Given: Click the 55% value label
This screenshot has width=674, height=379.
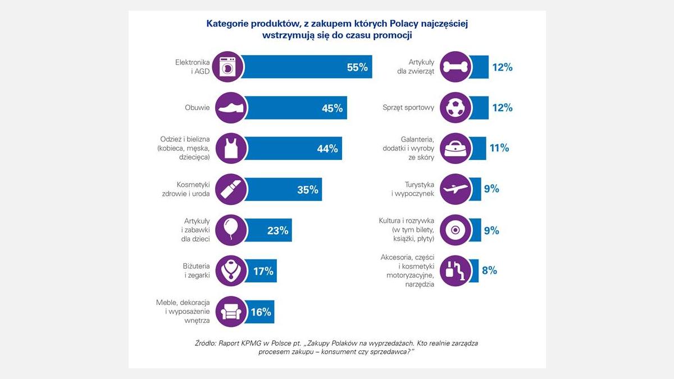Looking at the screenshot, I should (x=357, y=67).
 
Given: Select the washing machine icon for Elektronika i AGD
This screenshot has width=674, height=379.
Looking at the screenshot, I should (x=229, y=67).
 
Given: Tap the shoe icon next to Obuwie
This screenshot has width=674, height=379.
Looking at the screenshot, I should (x=229, y=108).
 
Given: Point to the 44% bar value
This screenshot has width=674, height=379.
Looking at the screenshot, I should (x=327, y=149).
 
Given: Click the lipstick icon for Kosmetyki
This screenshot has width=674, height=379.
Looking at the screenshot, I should (x=229, y=189).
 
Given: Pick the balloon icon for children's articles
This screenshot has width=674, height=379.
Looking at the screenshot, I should (x=229, y=230).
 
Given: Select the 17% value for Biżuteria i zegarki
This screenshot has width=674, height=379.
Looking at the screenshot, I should (x=263, y=271).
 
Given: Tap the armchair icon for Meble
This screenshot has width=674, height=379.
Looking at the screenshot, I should (x=229, y=312).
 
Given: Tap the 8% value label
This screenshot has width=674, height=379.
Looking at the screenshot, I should (x=489, y=270).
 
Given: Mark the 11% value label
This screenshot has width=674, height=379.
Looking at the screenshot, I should (x=499, y=148).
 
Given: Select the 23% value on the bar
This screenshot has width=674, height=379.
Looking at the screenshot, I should (x=277, y=230).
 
